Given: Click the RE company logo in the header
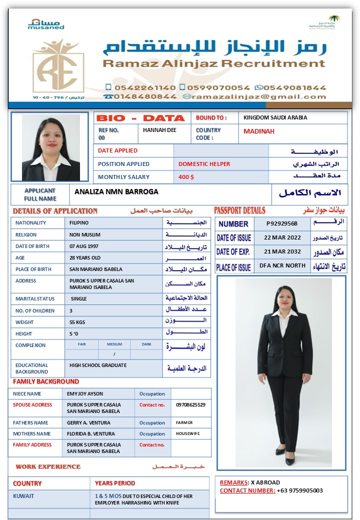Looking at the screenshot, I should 58,66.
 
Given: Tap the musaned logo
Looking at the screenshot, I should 45,24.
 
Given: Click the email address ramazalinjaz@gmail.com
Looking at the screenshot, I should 258,96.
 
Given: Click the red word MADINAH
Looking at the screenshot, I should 259,131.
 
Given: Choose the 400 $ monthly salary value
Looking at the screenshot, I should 186,177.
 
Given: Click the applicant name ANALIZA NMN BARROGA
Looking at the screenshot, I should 116,191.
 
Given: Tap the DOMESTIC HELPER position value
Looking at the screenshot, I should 204,164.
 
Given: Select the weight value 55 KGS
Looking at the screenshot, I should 77,322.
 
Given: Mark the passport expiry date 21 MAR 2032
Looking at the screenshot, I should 282,251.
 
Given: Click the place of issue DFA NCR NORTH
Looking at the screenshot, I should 282,265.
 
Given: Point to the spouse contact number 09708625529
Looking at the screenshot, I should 190,404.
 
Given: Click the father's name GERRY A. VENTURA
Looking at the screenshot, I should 91,422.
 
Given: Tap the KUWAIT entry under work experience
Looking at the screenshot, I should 24,496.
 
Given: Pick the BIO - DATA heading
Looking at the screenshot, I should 140,118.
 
